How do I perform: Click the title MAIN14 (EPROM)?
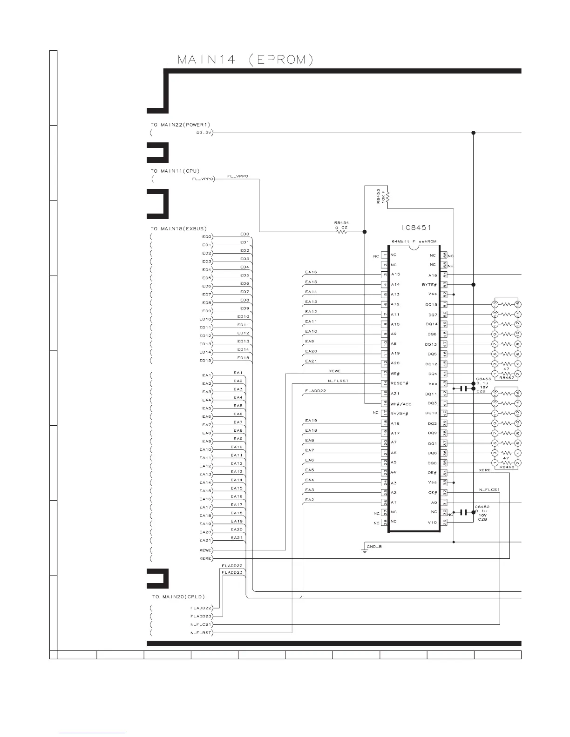point(245,60)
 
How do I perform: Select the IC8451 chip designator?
point(416,228)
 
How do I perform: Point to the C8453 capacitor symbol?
point(463,388)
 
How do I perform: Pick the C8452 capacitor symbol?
point(463,512)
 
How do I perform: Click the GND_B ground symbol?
point(364,549)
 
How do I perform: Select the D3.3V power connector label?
point(204,133)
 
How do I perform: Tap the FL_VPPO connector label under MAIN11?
point(203,179)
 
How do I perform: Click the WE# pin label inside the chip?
point(395,374)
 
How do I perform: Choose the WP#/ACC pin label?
point(401,404)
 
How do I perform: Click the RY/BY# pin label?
point(400,414)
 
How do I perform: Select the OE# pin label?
point(432,473)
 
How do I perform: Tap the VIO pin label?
point(432,523)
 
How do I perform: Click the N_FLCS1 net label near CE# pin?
point(489,490)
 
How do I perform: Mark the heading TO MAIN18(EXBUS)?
point(178,228)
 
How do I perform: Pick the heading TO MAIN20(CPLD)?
point(178,596)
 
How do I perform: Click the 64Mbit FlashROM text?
point(414,242)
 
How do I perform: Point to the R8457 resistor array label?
point(506,378)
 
